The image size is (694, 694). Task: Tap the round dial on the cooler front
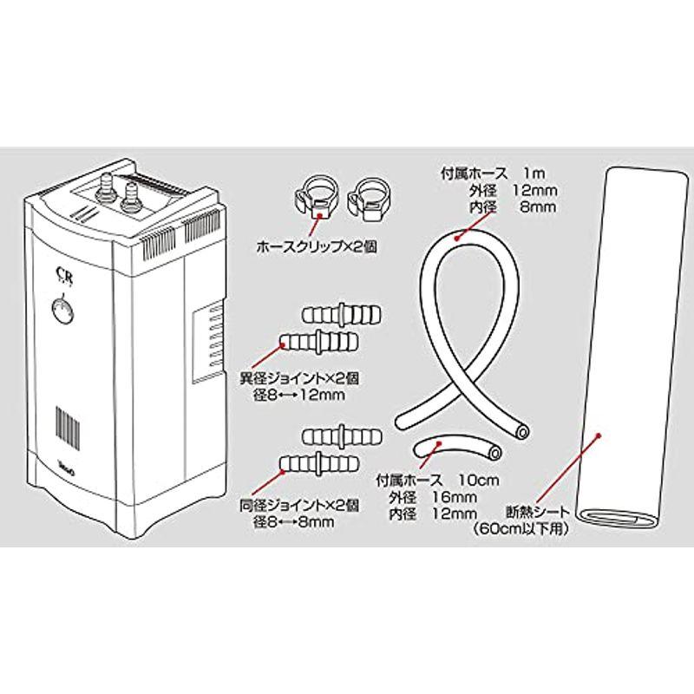(62, 310)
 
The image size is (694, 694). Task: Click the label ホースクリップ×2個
(317, 247)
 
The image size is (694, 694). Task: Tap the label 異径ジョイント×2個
(299, 378)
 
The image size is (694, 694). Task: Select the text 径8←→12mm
(298, 396)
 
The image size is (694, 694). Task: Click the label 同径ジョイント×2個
(299, 506)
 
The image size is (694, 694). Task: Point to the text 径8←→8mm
(293, 522)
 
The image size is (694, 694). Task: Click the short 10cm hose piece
(457, 448)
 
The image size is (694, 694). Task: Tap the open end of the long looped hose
(523, 431)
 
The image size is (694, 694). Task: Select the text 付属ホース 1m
(493, 173)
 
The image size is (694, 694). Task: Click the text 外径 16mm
(433, 497)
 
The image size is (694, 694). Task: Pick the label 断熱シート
(538, 513)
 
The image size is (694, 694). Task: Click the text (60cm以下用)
(520, 529)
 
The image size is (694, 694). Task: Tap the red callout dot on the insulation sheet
(599, 435)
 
